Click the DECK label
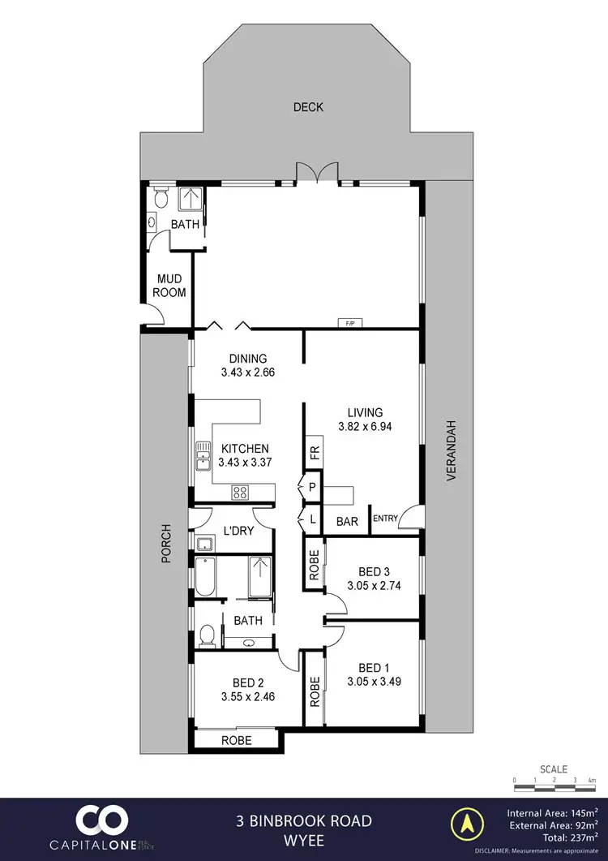pos(308,107)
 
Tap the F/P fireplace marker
pos(350,324)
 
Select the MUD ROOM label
pos(171,286)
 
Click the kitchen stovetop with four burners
pos(241,491)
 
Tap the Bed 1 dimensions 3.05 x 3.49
pos(374,682)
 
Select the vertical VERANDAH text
pos(452,451)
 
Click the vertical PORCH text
pos(165,541)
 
